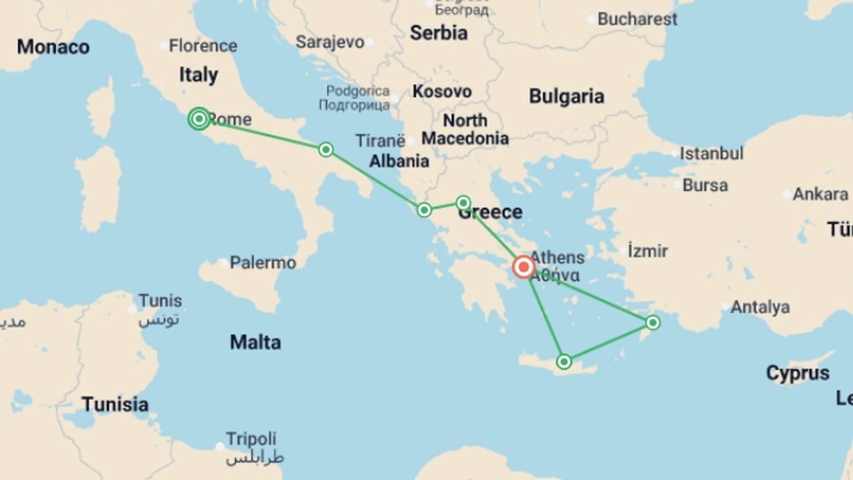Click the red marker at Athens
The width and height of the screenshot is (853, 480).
tap(523, 267)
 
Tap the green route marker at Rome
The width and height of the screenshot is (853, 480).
tap(199, 119)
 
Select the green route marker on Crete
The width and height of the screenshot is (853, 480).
tap(564, 362)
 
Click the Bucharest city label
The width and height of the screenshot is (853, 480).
tap(637, 19)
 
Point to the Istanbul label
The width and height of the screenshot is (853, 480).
tap(711, 153)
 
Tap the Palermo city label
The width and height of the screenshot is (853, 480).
tap(263, 263)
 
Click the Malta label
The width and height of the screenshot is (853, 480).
tap(255, 342)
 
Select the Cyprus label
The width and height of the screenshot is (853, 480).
tap(797, 373)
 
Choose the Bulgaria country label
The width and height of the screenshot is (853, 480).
tap(566, 96)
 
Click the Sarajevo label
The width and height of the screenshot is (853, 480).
tap(330, 42)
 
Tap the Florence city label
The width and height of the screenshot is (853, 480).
tap(203, 46)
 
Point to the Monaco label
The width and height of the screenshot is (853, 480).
tap(53, 47)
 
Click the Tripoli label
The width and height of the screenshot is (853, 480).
tap(251, 439)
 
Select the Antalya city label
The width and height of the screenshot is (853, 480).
tap(760, 307)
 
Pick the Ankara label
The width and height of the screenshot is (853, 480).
tap(821, 194)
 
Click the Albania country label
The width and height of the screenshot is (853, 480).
tap(399, 161)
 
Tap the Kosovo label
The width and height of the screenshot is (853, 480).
tap(442, 92)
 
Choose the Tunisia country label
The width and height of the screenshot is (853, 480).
tap(115, 404)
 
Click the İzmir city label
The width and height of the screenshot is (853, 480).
tap(648, 251)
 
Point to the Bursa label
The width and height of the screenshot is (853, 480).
tap(705, 185)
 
